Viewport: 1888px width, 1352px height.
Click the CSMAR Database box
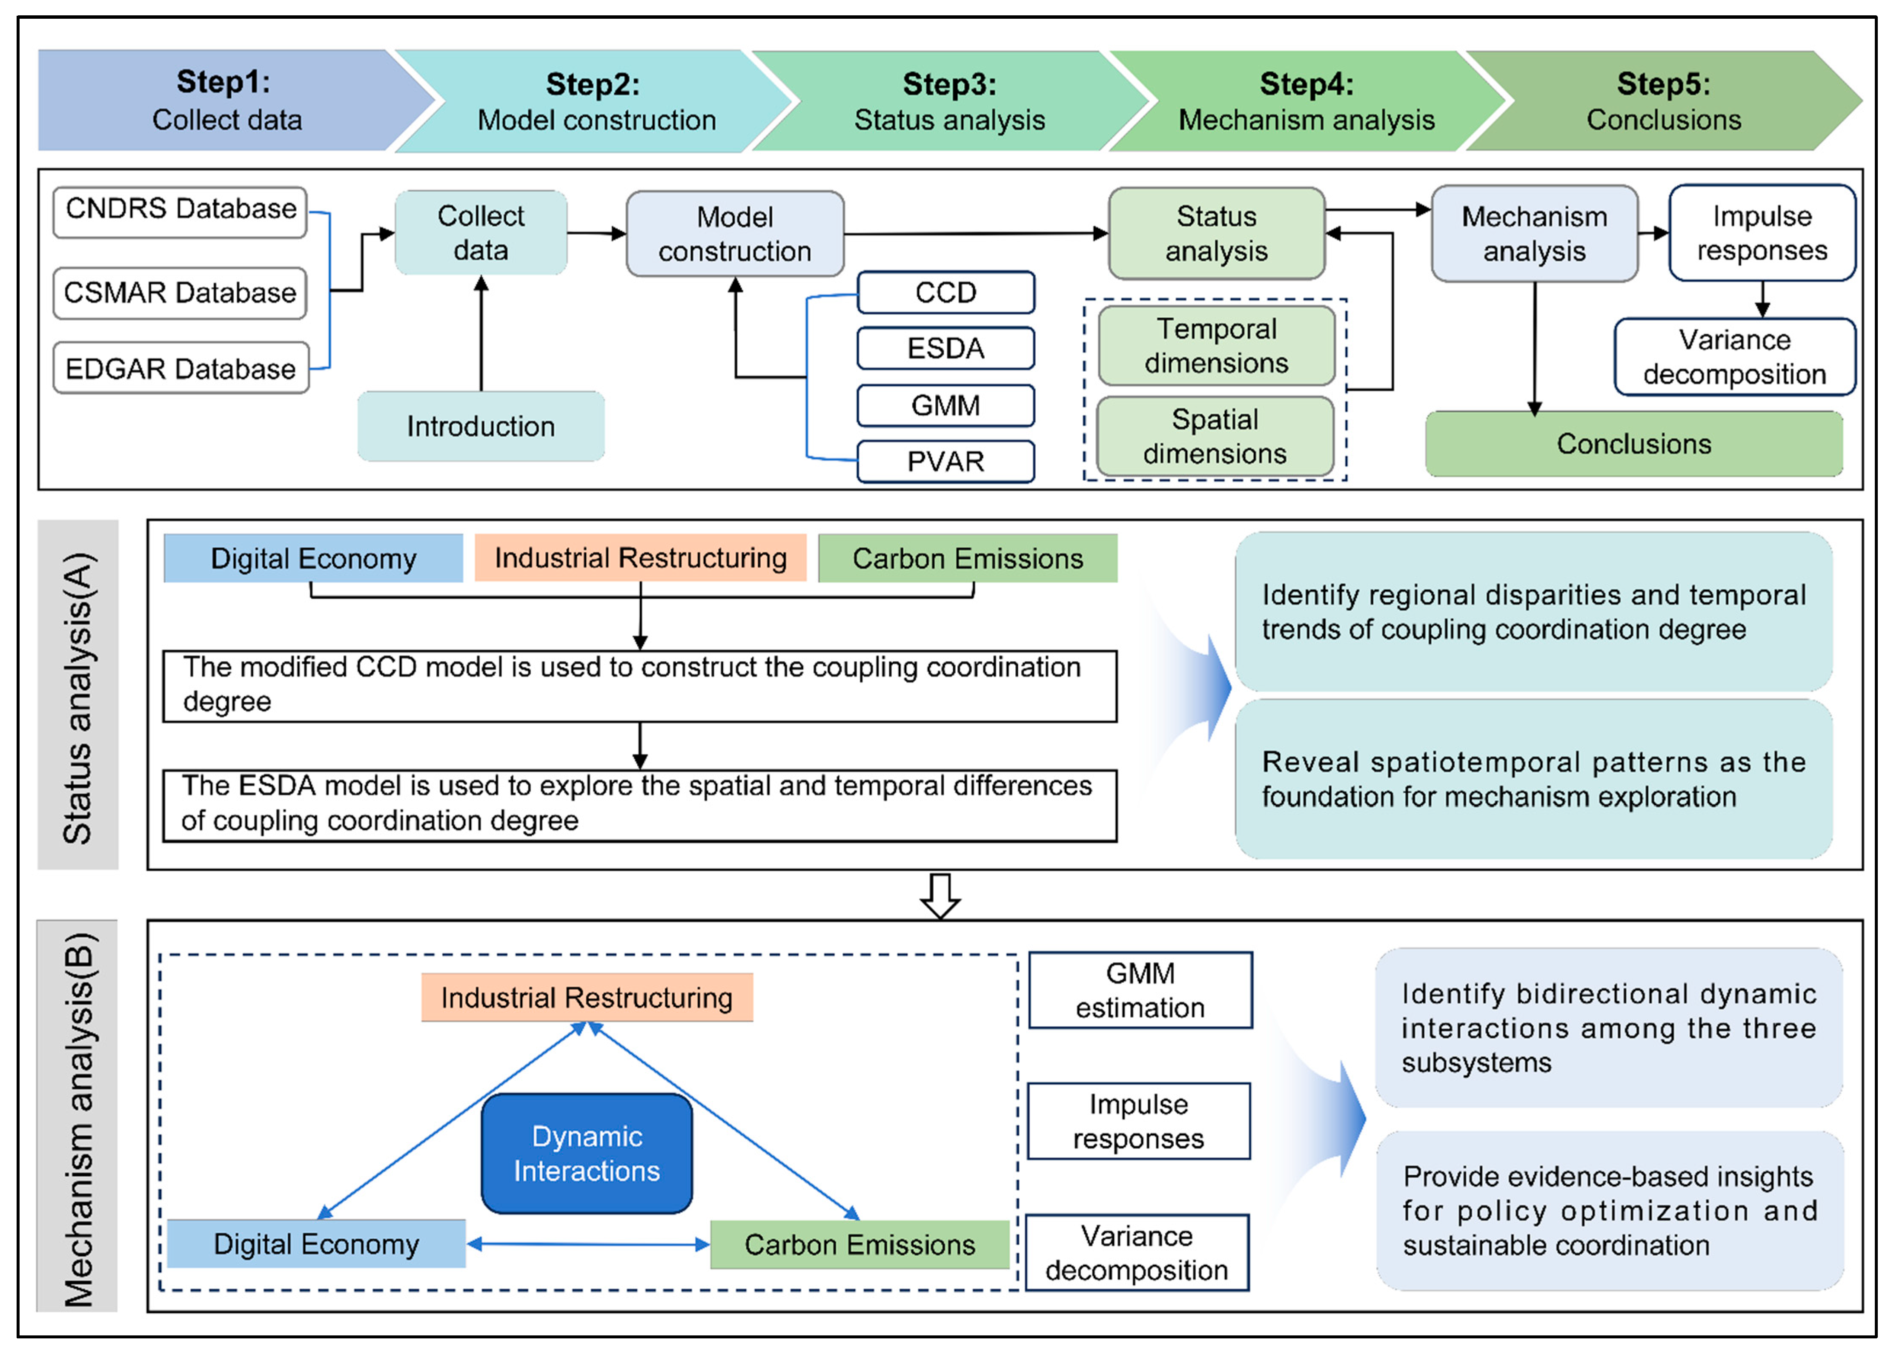coord(180,293)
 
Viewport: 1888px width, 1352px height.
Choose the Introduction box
coord(481,426)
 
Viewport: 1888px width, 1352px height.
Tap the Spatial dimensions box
coord(1215,436)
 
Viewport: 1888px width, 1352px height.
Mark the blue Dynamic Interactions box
coord(587,1153)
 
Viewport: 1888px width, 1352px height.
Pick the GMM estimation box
coord(1140,990)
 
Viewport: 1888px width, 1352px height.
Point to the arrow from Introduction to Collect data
coord(481,333)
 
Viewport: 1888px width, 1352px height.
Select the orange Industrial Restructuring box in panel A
coord(640,558)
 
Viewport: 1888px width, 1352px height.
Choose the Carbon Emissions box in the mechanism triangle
coord(859,1245)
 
